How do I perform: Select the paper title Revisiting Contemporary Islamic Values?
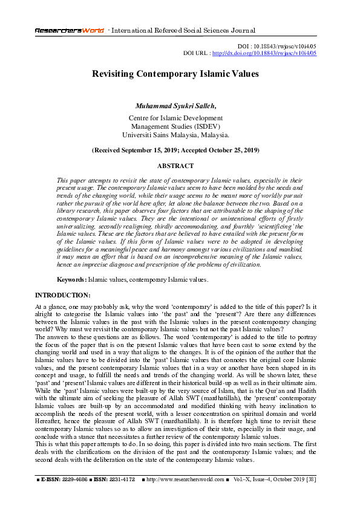(x=175, y=74)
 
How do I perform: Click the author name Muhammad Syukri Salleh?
(x=175, y=106)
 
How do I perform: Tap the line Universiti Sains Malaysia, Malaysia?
(x=175, y=135)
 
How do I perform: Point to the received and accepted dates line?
(x=175, y=149)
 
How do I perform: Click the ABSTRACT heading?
(x=175, y=166)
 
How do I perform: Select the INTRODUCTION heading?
(x=63, y=295)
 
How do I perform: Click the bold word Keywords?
(x=71, y=280)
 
